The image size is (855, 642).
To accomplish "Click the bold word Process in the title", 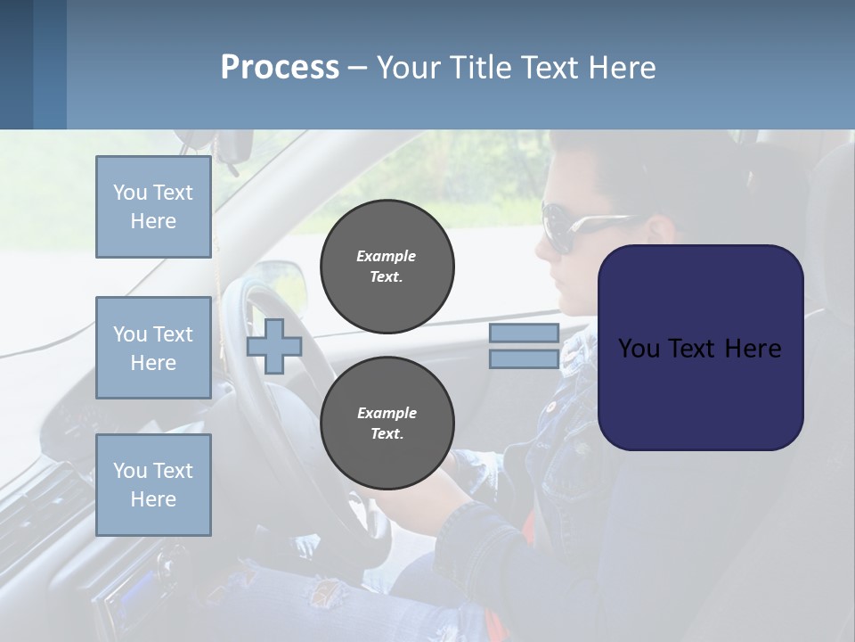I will [x=280, y=67].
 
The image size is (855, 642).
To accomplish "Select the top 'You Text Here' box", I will [x=153, y=207].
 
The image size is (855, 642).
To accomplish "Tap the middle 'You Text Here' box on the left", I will [x=153, y=348].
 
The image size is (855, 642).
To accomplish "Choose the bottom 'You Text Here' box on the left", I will [x=153, y=485].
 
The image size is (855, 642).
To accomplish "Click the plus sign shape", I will [x=274, y=346].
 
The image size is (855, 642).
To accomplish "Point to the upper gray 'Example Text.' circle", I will [x=387, y=266].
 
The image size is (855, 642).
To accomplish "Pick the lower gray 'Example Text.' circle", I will [x=387, y=423].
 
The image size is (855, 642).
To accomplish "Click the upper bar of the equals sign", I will [x=524, y=333].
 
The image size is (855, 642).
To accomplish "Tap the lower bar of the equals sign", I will [x=524, y=359].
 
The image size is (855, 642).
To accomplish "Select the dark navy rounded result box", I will [x=700, y=347].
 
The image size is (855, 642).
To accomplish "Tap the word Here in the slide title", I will [x=623, y=67].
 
